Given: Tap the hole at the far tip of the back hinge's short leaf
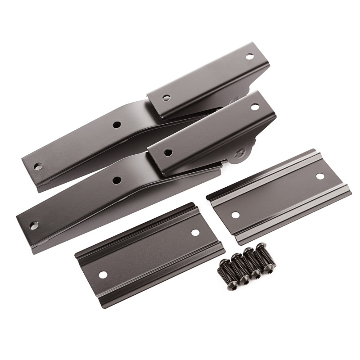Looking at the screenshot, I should (x=249, y=57).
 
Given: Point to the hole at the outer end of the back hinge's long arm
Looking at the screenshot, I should (x=38, y=166).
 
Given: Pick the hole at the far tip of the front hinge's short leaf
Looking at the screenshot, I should (x=254, y=107).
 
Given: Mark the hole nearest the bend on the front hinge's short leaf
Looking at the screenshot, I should (x=167, y=153).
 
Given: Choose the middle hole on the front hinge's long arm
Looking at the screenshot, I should (x=117, y=180).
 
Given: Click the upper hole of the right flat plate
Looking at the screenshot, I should (x=320, y=176).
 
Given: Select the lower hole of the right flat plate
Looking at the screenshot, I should (x=235, y=215).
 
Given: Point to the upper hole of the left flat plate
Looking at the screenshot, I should (x=195, y=233).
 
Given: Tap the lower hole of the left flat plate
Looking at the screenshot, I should (x=103, y=274).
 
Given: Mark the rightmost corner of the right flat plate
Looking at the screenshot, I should (x=351, y=194).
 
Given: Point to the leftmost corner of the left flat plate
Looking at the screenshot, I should (x=75, y=256).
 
